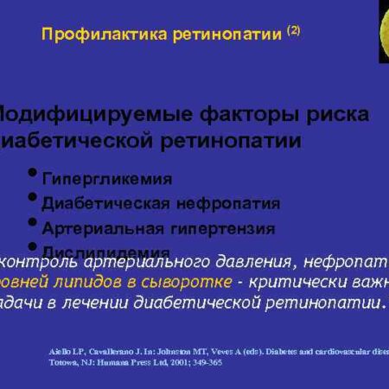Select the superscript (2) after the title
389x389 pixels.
click(293, 30)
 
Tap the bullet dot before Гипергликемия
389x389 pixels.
click(33, 174)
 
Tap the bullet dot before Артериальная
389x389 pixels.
click(33, 223)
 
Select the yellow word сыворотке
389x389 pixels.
click(189, 283)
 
